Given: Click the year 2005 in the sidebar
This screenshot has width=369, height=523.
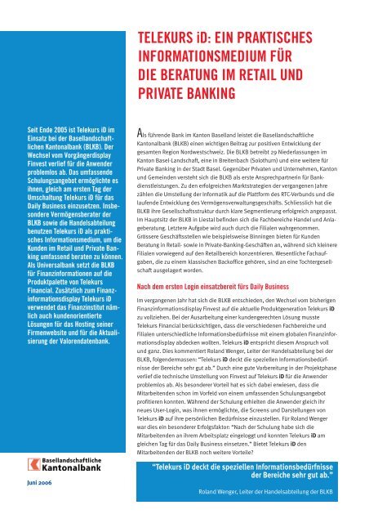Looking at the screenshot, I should point(51,130).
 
